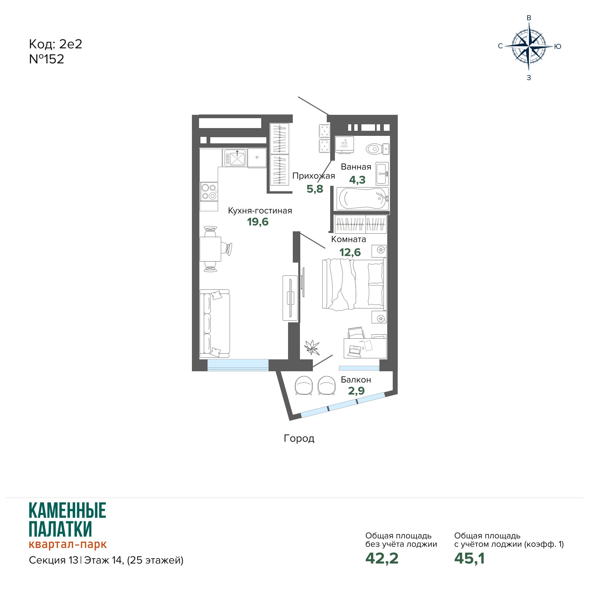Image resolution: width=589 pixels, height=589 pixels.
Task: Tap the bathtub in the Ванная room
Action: (362, 198)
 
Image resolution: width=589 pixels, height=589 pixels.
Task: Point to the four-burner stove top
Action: (209, 192)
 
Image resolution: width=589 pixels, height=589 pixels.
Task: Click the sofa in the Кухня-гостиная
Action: (215, 323)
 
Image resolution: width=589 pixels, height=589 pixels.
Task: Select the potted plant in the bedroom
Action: (312, 347)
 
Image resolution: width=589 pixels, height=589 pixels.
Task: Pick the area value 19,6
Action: (258, 222)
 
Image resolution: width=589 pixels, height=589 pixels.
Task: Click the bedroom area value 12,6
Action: (350, 252)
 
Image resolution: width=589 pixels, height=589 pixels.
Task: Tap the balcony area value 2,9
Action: (356, 391)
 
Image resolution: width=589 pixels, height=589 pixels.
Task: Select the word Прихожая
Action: (314, 176)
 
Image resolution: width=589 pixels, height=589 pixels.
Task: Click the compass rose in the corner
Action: (529, 46)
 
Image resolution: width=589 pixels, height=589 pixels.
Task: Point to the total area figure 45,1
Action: (469, 558)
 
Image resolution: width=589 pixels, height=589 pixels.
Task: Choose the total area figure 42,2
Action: (382, 558)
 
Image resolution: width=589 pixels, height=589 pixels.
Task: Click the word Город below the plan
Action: (299, 439)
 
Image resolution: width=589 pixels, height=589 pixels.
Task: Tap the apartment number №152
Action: (47, 59)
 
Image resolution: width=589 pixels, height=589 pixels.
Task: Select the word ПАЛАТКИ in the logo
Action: (60, 529)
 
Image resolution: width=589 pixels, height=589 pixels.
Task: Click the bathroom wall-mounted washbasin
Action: (382, 174)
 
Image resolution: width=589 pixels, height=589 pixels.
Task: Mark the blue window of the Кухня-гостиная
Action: (238, 365)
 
